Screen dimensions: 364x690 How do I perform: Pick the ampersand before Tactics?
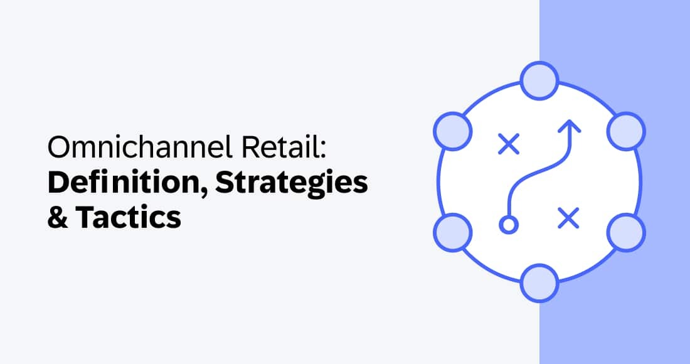[58, 217]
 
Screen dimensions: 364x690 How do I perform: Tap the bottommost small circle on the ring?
[539, 284]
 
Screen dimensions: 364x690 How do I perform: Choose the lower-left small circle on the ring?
[452, 232]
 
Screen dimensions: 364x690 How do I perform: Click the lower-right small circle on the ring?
[627, 232]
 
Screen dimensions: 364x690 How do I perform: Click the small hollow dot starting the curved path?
[509, 224]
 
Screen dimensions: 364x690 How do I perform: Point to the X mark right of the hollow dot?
[568, 218]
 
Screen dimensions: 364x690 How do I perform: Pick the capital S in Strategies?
[226, 183]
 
